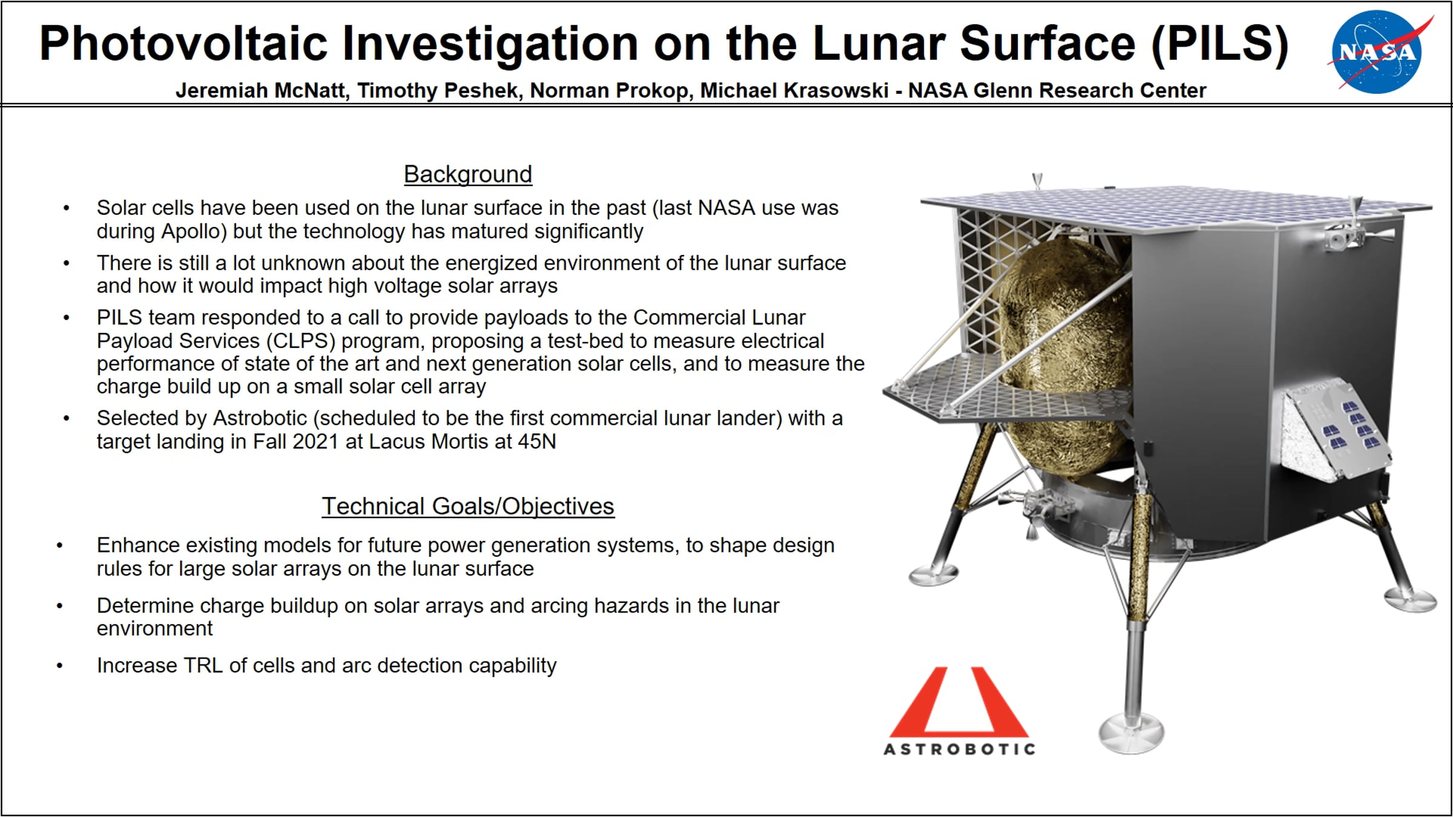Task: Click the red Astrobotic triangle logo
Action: [x=959, y=702]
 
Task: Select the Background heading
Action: [x=468, y=174]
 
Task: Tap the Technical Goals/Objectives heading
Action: [x=468, y=507]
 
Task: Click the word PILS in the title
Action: [x=1219, y=44]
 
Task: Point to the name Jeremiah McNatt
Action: [x=262, y=90]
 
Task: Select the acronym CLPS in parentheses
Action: [x=300, y=341]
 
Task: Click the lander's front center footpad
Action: [x=1131, y=733]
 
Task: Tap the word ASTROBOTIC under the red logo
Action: [x=960, y=749]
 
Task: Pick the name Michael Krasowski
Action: [x=794, y=90]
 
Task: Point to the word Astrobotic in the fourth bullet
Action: [x=260, y=418]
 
